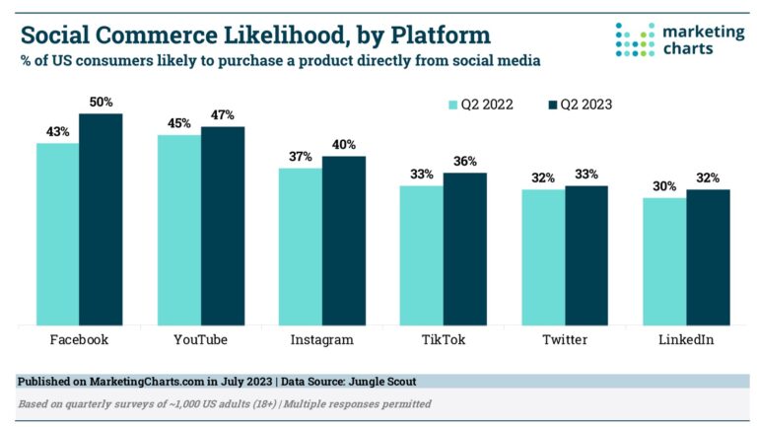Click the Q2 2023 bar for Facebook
(x=101, y=219)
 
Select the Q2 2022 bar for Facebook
(x=58, y=234)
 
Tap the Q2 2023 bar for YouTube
(x=223, y=226)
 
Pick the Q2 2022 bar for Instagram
(x=301, y=247)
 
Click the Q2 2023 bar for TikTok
(x=464, y=249)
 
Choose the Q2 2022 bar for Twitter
(x=543, y=256)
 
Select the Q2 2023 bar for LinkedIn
(x=708, y=257)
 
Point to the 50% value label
(x=101, y=103)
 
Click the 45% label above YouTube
(x=179, y=123)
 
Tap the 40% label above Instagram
(x=344, y=145)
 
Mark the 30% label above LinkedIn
(x=664, y=186)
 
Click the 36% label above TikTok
(x=464, y=162)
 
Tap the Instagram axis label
(x=321, y=339)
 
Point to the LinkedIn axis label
(x=686, y=339)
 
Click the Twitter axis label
(x=565, y=339)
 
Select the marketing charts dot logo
(x=635, y=39)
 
